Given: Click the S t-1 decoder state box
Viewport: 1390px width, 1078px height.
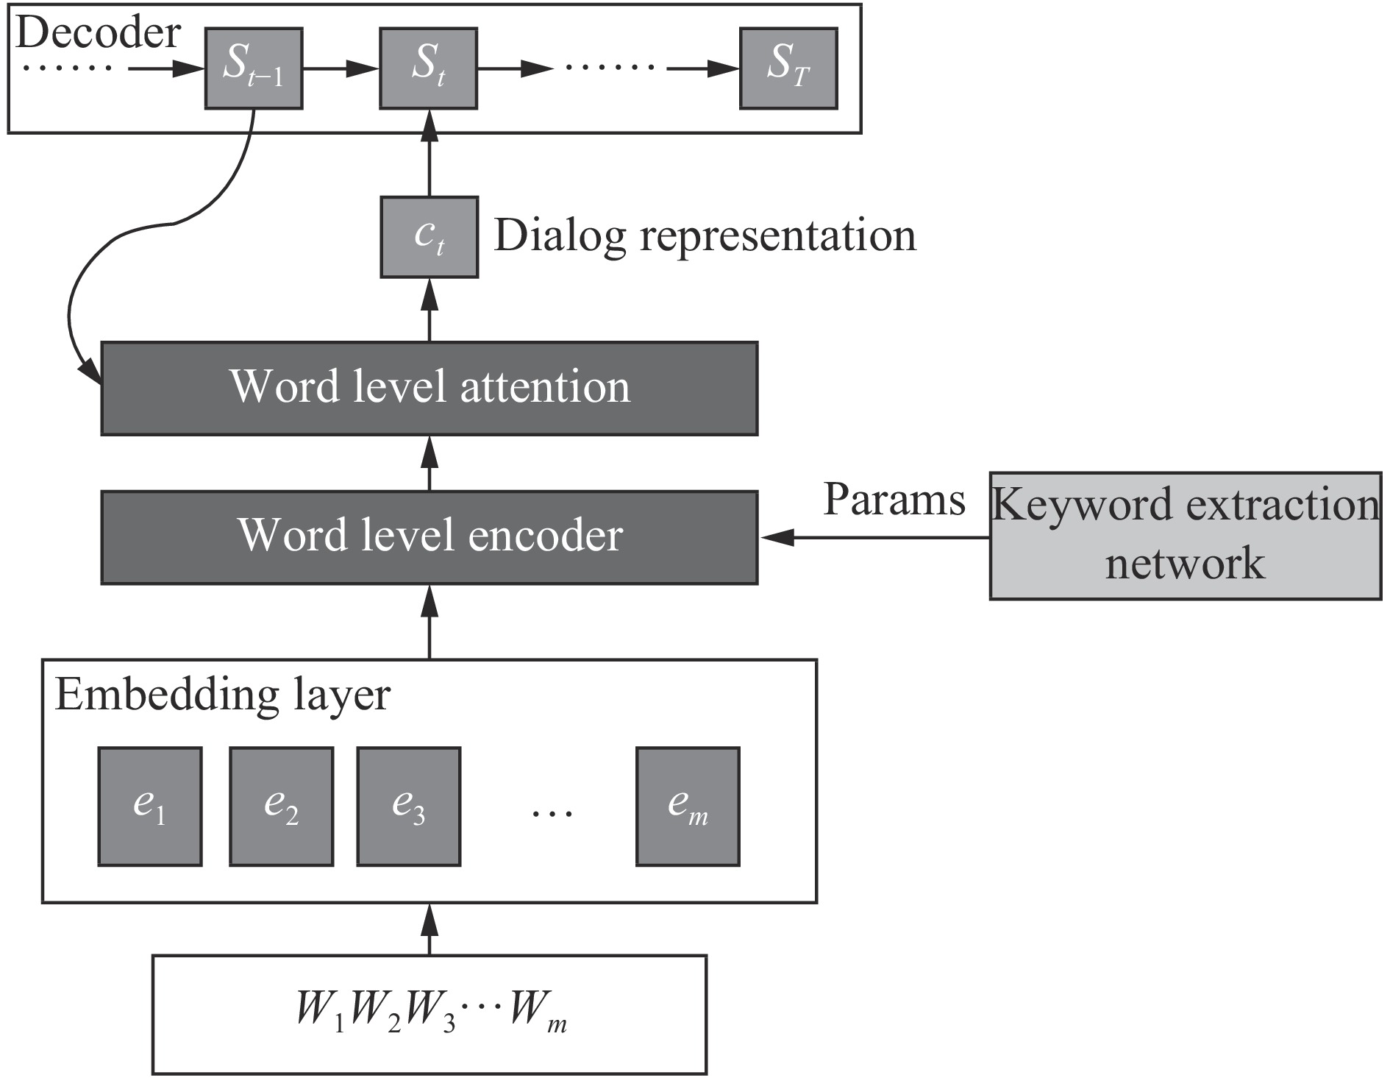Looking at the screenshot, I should coord(254,68).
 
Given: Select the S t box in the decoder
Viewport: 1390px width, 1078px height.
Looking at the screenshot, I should coord(428,68).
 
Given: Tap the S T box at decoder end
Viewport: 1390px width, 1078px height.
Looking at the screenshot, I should coord(788,68).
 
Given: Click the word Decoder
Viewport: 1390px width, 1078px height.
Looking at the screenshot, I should coord(98,33).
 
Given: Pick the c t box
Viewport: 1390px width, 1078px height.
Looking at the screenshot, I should coord(429,237).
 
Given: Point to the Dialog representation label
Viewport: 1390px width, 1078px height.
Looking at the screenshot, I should coord(705,236).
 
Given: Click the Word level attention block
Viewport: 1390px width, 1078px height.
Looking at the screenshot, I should coord(429,388).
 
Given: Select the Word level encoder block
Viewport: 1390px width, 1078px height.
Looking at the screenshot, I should coord(429,537).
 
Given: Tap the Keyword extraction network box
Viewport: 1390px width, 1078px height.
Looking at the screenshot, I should coord(1184,536).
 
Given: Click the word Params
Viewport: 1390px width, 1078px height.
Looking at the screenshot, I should coord(894,500).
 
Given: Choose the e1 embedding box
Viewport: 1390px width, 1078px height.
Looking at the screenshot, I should coord(150,806).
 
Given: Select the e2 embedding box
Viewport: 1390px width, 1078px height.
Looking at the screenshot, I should coord(281,806).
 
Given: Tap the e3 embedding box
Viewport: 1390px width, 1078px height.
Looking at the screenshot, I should coord(409,806).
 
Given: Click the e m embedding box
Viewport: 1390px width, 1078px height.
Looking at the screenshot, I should coord(688,806).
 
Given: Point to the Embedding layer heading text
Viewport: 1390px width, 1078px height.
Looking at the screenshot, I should coord(222,695).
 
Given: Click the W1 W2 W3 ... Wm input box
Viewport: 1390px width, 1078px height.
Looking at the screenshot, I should coord(429,1015).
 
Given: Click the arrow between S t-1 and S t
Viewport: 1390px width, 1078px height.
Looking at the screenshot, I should coord(341,68).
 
